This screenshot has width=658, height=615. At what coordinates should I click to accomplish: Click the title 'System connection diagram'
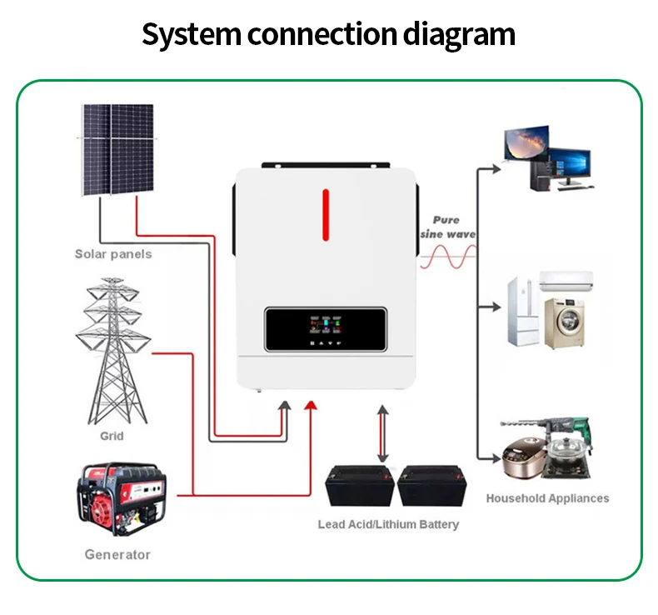pos(328,35)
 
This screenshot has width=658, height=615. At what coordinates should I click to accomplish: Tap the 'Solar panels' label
pos(113,253)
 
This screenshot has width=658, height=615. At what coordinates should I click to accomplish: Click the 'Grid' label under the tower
pos(112,436)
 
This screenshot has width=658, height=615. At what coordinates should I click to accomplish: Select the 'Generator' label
pos(117,554)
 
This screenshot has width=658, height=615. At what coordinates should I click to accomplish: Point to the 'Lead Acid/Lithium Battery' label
pos(388,524)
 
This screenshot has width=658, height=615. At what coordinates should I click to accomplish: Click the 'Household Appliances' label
pos(547,498)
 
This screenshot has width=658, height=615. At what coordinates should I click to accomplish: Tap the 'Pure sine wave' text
pos(446,227)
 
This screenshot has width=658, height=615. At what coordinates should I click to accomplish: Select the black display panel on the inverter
pos(326,330)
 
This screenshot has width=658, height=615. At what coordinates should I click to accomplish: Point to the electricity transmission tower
pos(113,350)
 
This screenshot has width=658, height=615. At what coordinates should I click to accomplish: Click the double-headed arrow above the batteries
pos(382,433)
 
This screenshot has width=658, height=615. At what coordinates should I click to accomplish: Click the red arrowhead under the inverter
pos(310,406)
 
